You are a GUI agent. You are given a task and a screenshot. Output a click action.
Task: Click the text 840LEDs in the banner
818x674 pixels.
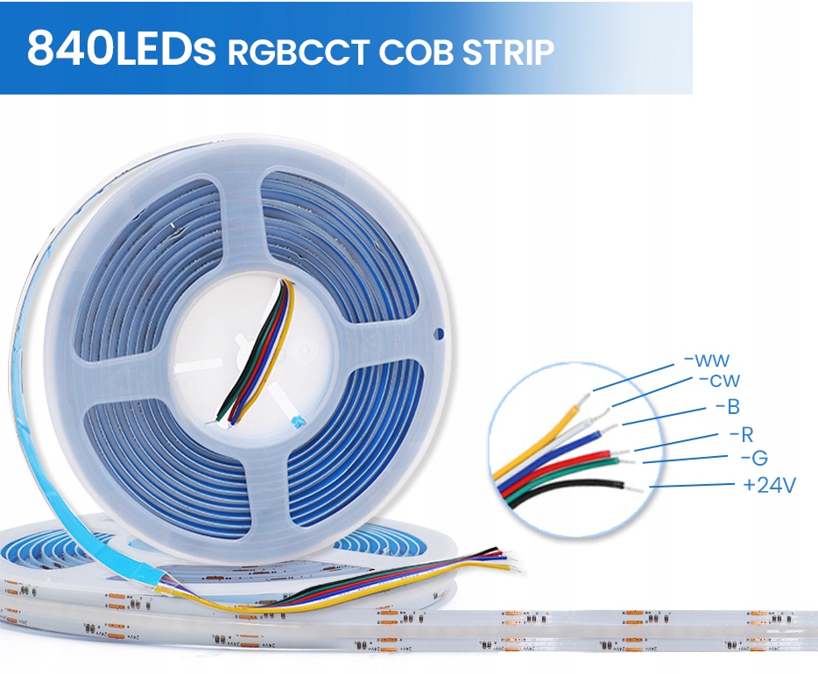121,49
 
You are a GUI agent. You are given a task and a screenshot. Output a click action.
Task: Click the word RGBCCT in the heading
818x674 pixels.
298,52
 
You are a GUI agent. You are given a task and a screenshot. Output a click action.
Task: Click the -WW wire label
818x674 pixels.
707,360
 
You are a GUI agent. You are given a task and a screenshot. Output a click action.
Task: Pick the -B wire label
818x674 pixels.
727,406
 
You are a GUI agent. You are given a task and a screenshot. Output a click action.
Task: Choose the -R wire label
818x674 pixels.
741,434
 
